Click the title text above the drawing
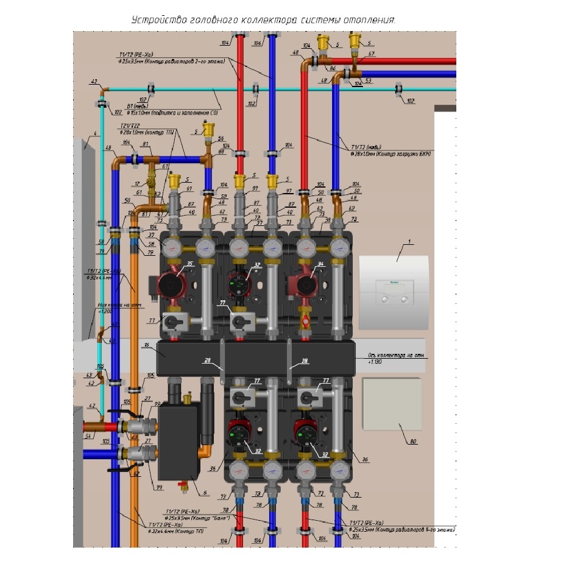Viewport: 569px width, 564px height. point(264,20)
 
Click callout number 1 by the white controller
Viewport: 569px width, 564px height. point(410,242)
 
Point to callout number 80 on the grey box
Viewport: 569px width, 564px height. point(414,442)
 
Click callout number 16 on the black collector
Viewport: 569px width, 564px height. point(146,345)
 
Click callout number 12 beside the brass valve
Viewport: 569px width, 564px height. point(137,183)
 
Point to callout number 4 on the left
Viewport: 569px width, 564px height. point(95,134)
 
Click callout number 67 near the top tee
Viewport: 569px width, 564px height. point(371,54)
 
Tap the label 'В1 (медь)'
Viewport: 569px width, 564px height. point(134,106)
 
